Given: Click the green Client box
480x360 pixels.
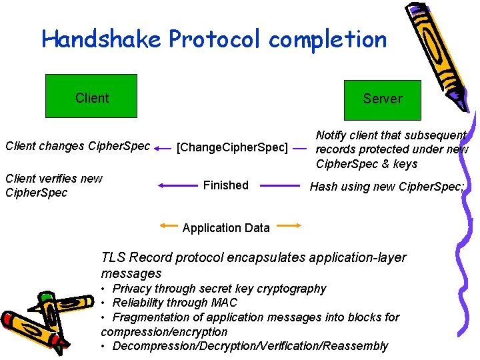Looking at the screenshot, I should pyautogui.click(x=91, y=95).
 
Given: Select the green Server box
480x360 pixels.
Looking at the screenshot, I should pyautogui.click(x=382, y=99).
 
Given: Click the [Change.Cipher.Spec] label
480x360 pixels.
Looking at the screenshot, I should pyautogui.click(x=232, y=147).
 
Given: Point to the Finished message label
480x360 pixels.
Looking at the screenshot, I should pyautogui.click(x=225, y=185).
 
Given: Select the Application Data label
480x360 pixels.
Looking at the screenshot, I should pyautogui.click(x=226, y=228).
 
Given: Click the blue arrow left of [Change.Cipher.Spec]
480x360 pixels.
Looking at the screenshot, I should pyautogui.click(x=163, y=150).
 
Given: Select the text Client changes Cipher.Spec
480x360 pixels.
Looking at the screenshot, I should pyautogui.click(x=77, y=146).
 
